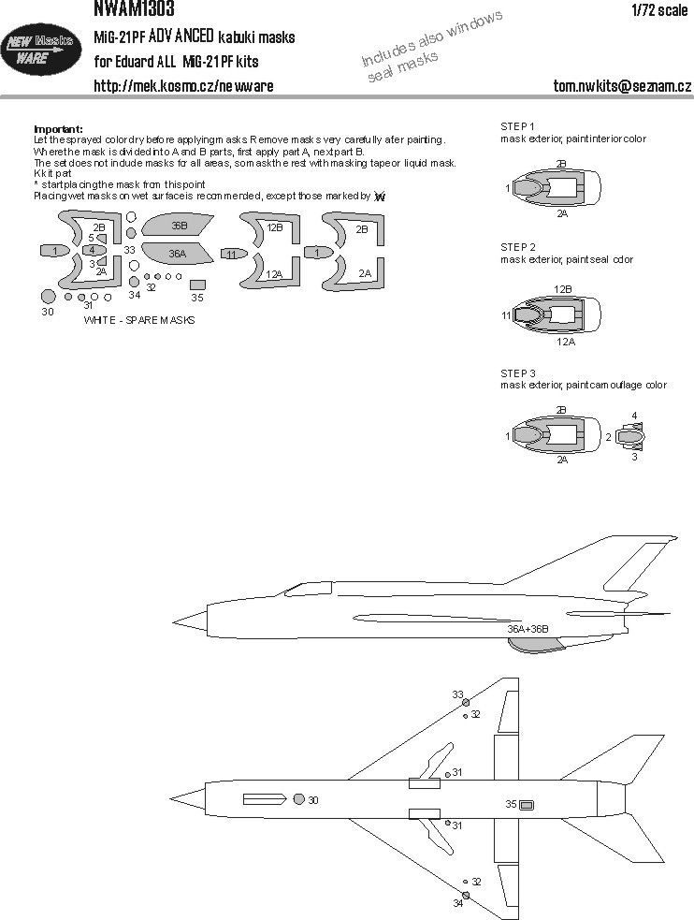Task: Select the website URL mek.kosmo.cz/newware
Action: (x=183, y=86)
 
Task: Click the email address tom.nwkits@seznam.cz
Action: (x=621, y=86)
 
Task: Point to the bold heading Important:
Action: (x=58, y=128)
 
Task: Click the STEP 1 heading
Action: (x=518, y=126)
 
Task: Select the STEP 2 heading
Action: (x=518, y=247)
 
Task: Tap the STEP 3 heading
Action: (x=518, y=372)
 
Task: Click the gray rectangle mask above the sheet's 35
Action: (x=196, y=284)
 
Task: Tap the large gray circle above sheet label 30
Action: (x=49, y=296)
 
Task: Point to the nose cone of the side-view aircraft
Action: (x=188, y=619)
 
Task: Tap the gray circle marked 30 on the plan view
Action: (x=298, y=799)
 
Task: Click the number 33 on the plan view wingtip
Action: (x=457, y=694)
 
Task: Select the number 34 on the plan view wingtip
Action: (x=457, y=902)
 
